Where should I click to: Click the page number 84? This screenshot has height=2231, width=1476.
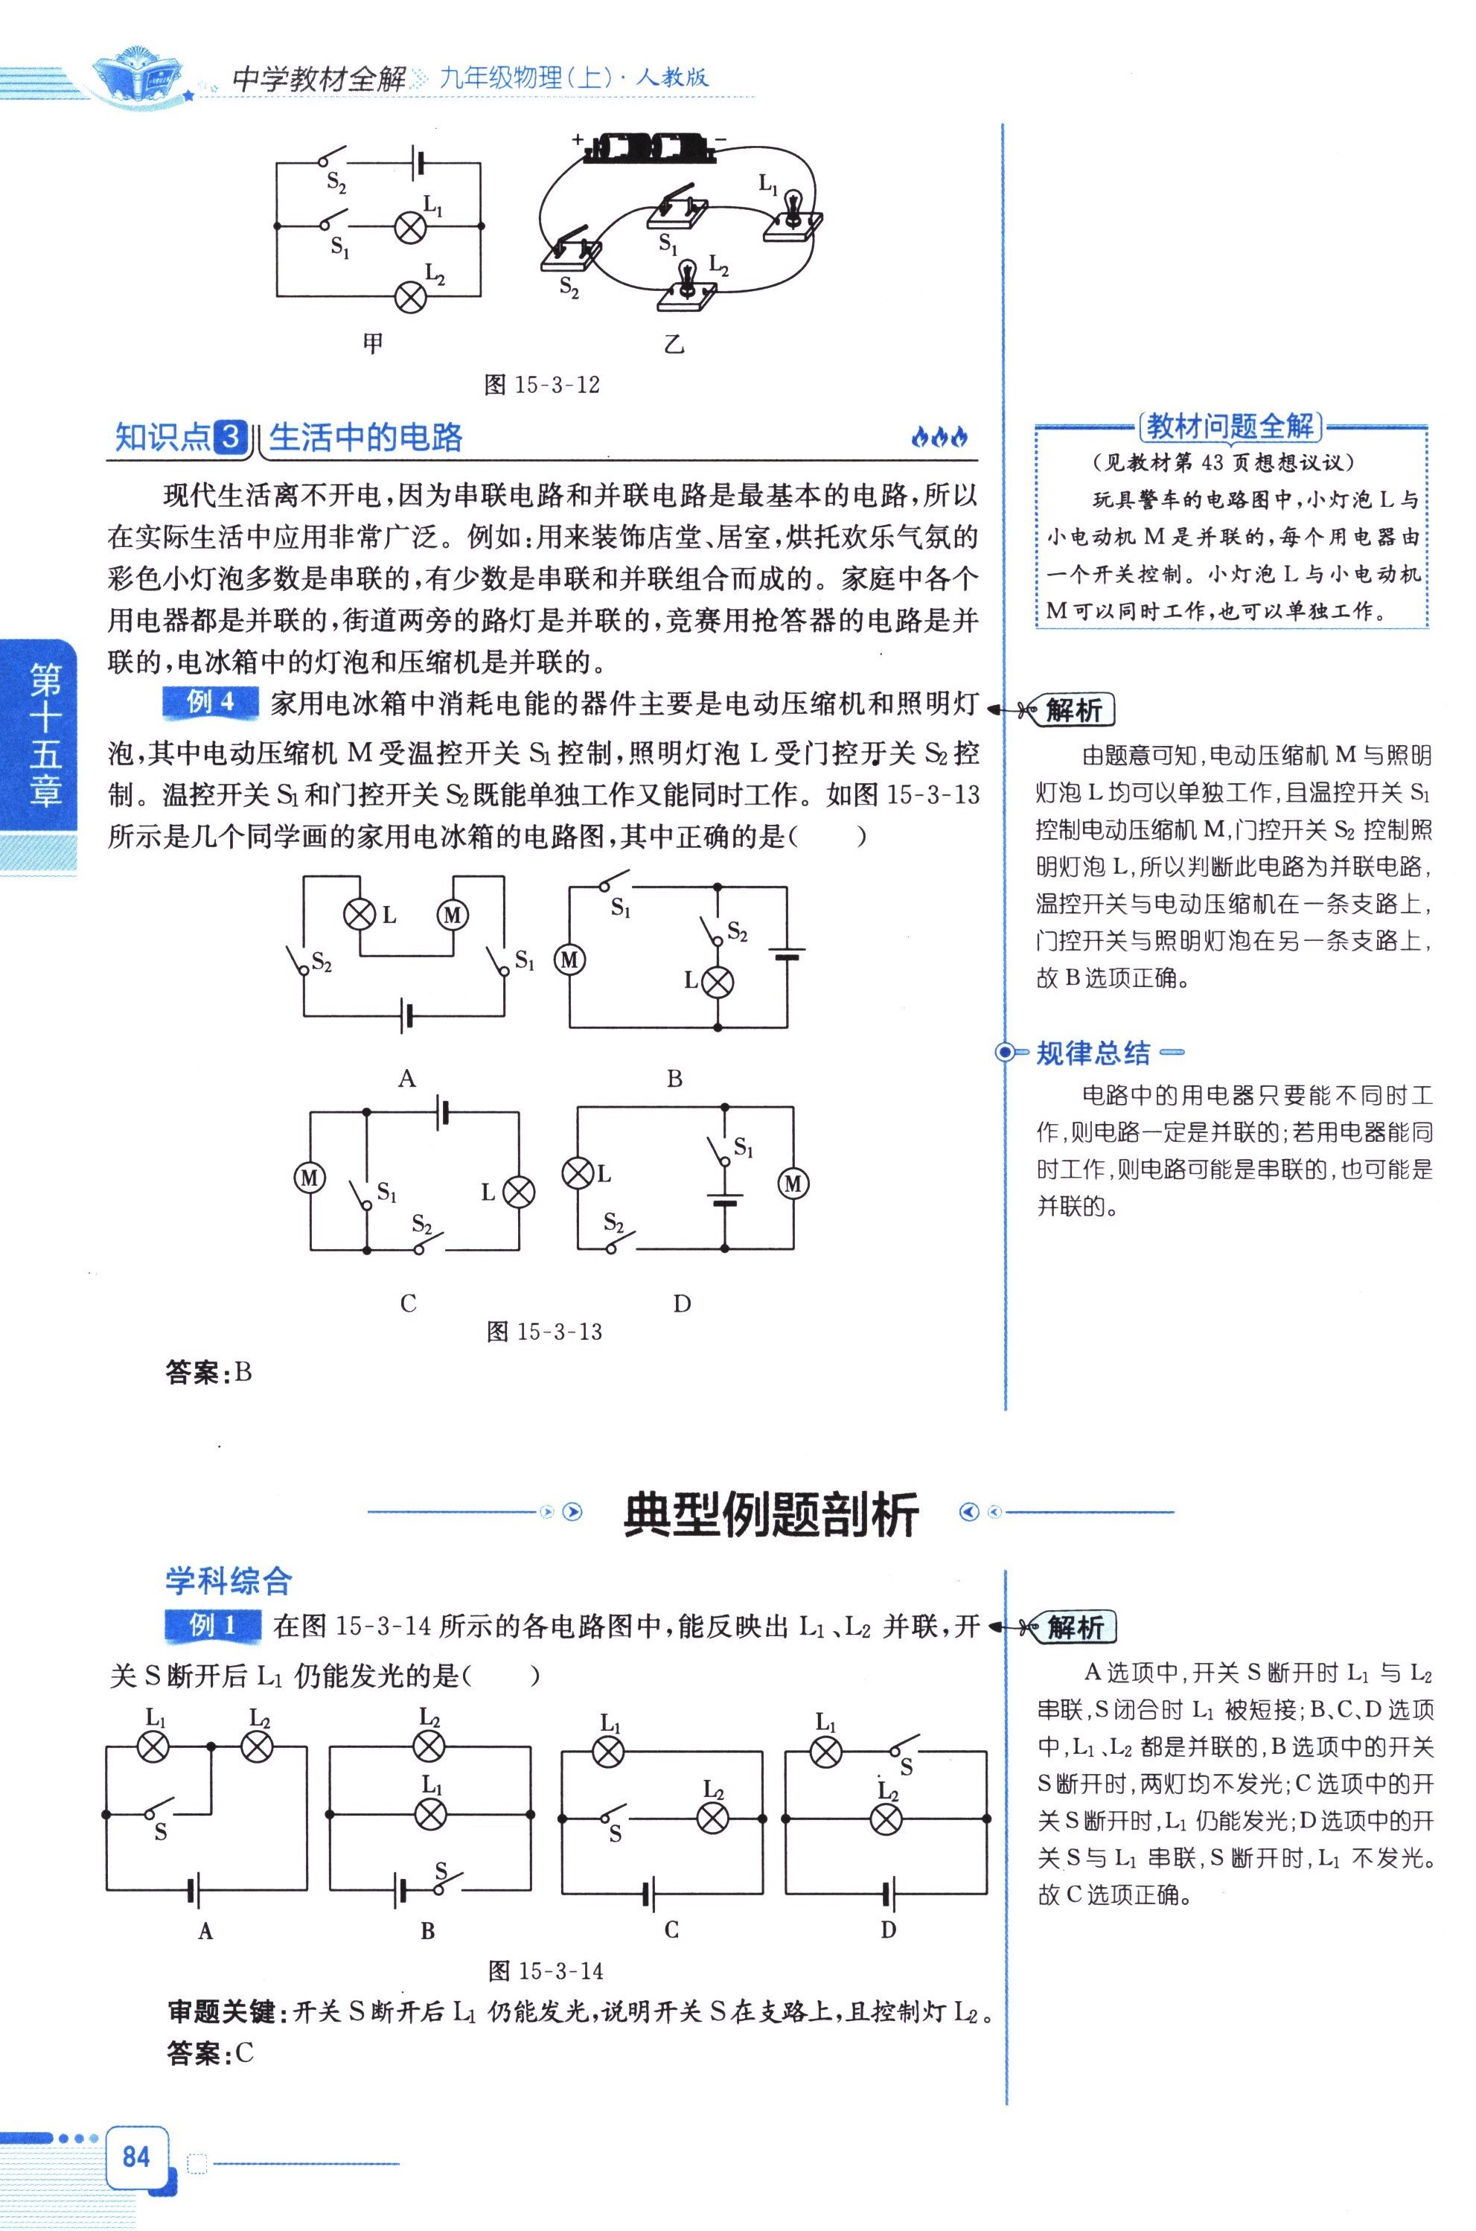tap(135, 2156)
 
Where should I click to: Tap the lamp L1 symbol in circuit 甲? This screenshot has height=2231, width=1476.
tap(409, 227)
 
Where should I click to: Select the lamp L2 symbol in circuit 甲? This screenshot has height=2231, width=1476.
tap(409, 296)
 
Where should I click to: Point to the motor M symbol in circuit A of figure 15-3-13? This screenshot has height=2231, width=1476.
tap(453, 914)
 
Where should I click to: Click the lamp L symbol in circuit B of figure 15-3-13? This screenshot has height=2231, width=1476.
tap(718, 982)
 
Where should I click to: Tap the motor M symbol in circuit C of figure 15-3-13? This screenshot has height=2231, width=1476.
tap(310, 1178)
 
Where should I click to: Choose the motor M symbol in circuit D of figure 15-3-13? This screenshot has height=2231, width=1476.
tap(793, 1184)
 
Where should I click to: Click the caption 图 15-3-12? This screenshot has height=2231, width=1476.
tap(541, 384)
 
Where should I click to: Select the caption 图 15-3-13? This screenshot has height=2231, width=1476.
tap(544, 1331)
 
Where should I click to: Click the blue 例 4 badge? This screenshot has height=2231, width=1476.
tap(210, 701)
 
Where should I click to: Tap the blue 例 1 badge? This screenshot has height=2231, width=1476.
tap(213, 1625)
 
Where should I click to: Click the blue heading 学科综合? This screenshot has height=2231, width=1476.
tap(229, 1580)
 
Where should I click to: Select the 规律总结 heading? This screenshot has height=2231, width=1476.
tap(1093, 1053)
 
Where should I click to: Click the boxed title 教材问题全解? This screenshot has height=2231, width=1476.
tap(1230, 427)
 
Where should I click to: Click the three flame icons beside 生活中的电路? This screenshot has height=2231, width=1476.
tap(939, 437)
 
